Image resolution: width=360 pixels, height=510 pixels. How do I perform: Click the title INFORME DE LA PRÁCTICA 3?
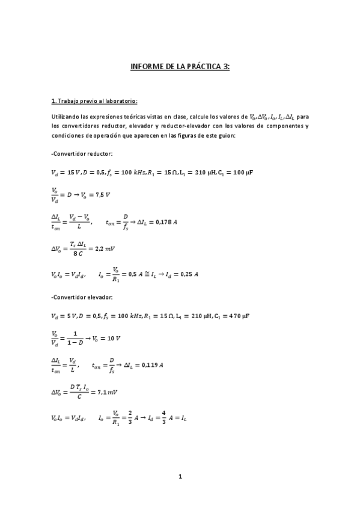tap(180, 67)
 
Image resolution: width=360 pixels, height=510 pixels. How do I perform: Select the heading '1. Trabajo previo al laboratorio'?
tap(95, 100)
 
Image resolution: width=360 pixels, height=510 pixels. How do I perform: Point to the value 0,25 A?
tap(188, 274)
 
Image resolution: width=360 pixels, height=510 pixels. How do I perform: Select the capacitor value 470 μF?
tap(239, 316)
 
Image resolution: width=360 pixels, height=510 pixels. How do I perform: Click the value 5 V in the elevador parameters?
tap(73, 316)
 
